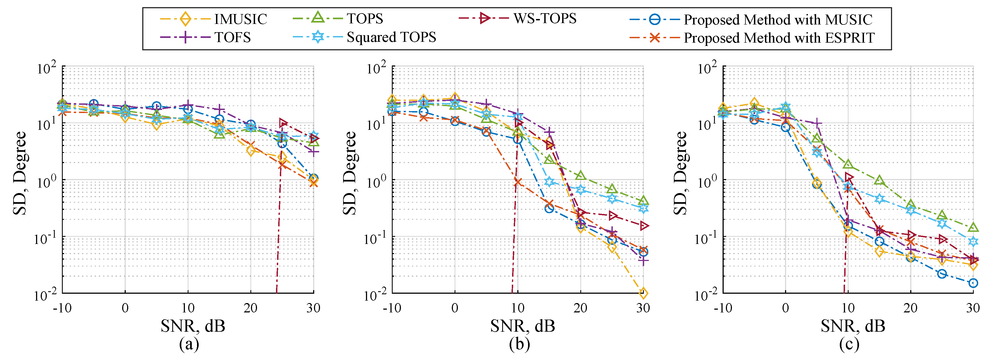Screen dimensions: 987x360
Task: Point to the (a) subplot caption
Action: coord(189,344)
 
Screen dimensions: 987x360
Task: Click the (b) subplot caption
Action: coord(519,344)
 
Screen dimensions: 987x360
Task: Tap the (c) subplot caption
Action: coord(849,344)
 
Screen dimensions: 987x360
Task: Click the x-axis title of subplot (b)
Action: coord(522,326)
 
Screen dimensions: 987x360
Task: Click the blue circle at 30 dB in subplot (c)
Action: coord(973,283)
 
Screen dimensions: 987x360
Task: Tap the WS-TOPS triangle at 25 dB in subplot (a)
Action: coord(283,123)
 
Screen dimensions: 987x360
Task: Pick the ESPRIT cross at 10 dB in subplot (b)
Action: coord(518,182)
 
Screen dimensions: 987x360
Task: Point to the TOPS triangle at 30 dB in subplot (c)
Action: coord(973,227)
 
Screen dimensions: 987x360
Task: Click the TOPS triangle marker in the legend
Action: coord(318,18)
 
